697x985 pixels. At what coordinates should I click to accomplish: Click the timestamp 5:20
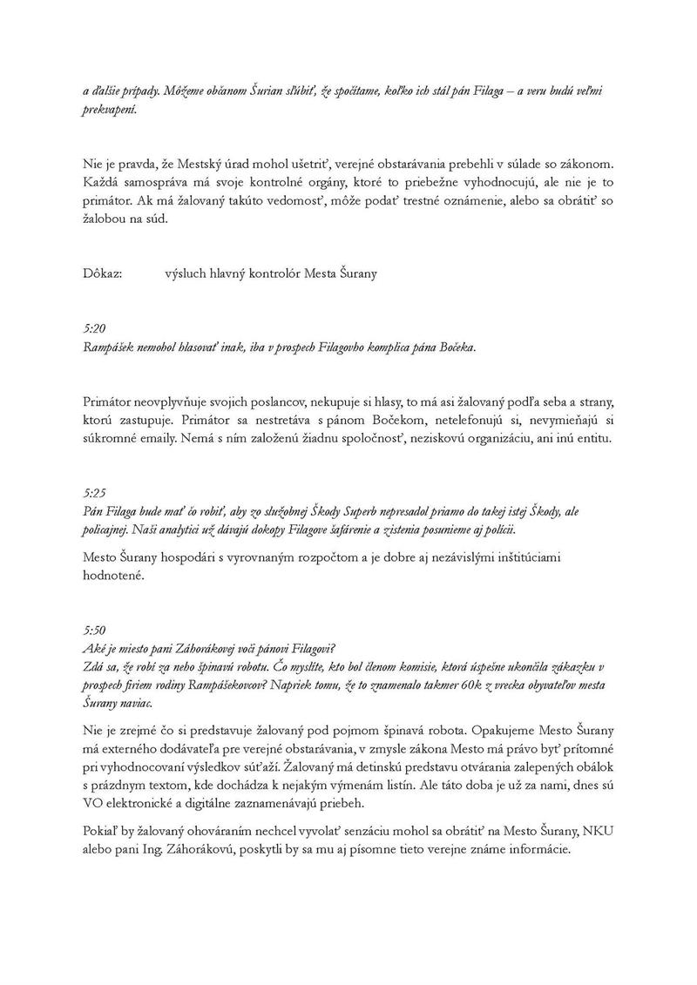pyautogui.click(x=93, y=328)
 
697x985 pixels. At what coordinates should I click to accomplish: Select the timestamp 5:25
pyautogui.click(x=93, y=492)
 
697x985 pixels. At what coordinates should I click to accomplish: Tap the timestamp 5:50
pyautogui.click(x=93, y=629)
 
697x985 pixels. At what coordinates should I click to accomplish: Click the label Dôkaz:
pyautogui.click(x=102, y=273)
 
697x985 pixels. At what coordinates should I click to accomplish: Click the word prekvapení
pyautogui.click(x=110, y=111)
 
